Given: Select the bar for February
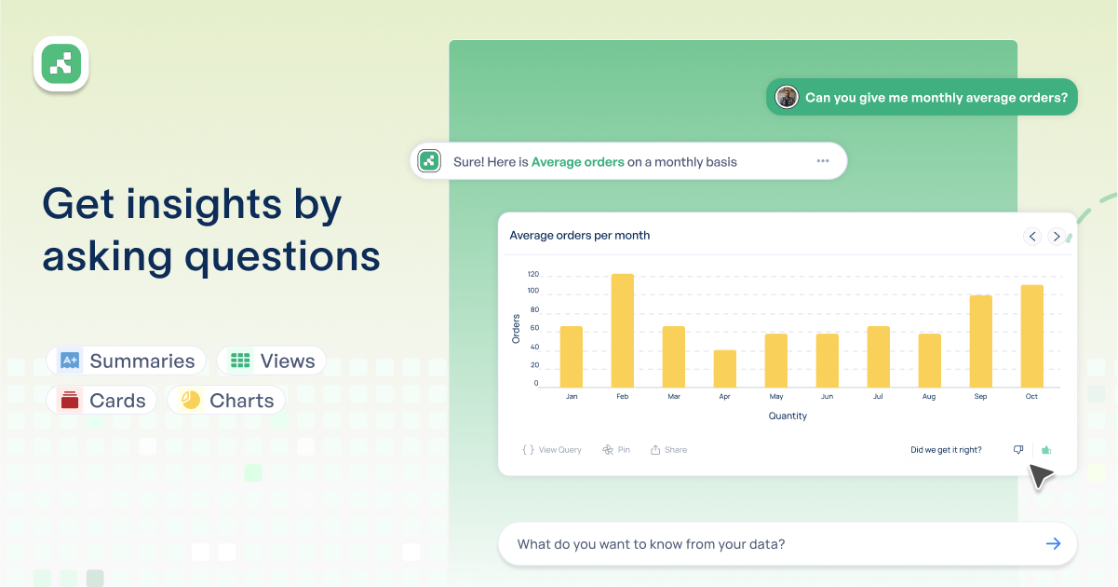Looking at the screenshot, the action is (623, 330).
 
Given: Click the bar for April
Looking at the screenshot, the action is (725, 369).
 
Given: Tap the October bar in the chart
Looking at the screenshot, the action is (1032, 336).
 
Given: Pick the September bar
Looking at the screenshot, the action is (981, 341).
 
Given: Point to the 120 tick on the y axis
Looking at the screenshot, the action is (533, 274).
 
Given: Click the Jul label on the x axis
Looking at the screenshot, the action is (878, 396).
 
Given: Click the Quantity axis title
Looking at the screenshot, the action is (788, 416).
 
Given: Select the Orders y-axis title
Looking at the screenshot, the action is (516, 329).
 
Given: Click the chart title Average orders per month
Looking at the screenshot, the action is (579, 236).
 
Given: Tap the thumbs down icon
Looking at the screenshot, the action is (1018, 450).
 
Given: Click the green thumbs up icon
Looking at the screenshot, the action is (1046, 450).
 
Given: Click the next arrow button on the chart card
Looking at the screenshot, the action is (1057, 237).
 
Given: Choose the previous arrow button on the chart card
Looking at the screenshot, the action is (1032, 237).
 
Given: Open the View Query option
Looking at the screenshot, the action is (552, 450).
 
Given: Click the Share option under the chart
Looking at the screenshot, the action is (668, 450).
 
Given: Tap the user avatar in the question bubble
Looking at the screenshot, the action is (787, 97).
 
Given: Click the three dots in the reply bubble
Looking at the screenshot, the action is (823, 161).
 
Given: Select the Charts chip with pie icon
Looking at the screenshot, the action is (226, 400).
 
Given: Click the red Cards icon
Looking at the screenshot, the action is (70, 400).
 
